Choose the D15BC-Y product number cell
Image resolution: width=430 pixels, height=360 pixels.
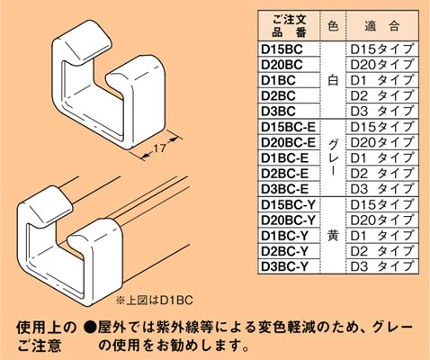point(287,204)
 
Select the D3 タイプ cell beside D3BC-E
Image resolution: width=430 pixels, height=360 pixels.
point(381,189)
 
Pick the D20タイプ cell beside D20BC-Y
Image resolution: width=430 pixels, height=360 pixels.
point(381,220)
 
